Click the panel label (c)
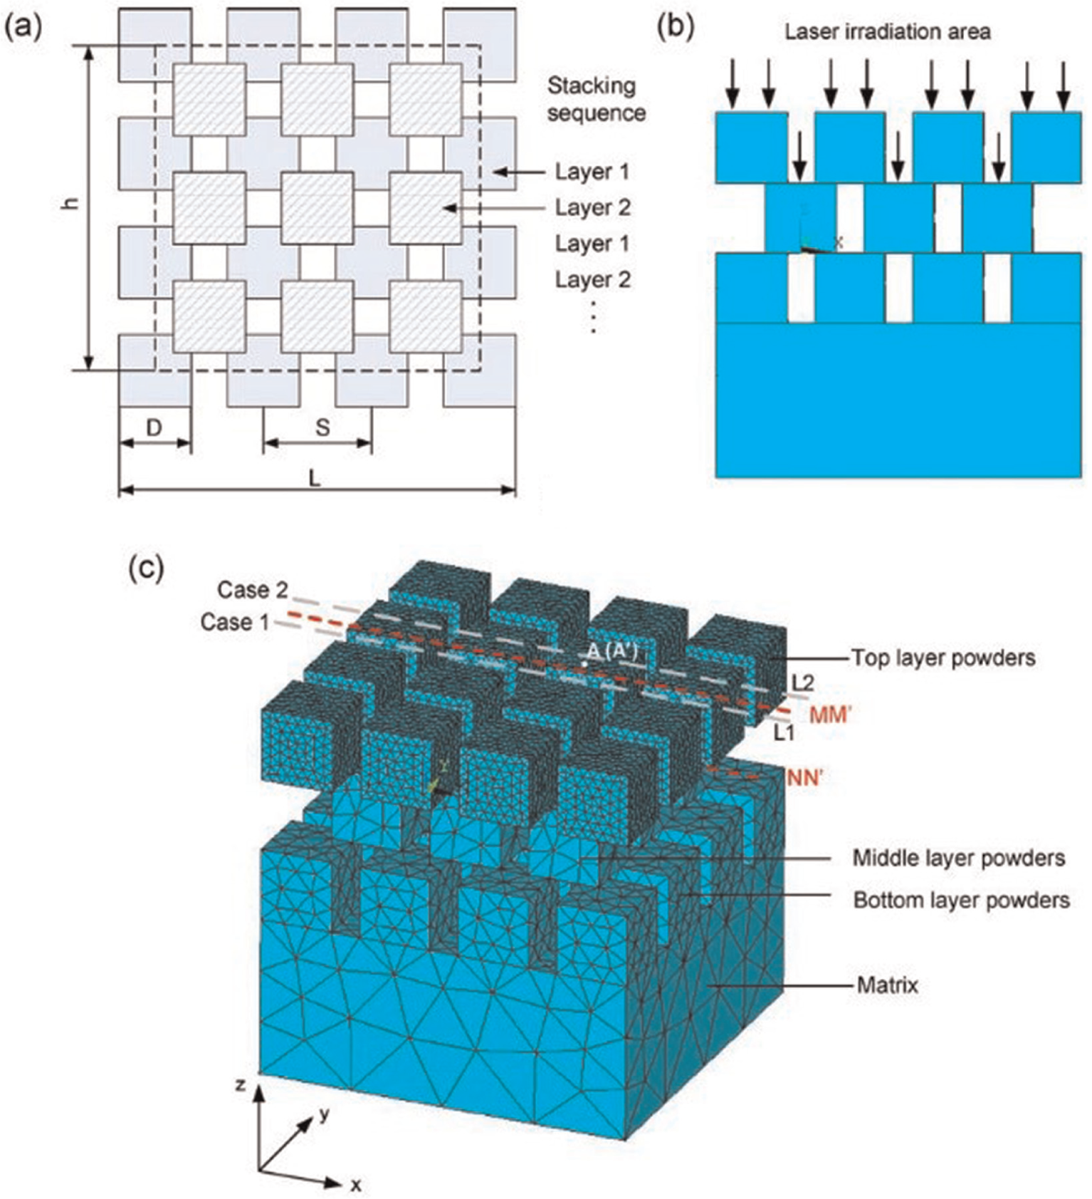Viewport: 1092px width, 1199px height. click(147, 568)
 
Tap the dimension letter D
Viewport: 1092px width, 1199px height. click(154, 427)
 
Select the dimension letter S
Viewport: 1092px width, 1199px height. click(322, 427)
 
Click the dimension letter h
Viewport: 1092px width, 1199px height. click(69, 202)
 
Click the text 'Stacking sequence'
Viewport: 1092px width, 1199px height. click(597, 99)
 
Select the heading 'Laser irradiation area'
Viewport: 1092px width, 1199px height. click(888, 31)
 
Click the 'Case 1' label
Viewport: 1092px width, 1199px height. click(236, 622)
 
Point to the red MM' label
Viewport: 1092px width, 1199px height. click(831, 715)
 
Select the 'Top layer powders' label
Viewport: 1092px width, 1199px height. click(944, 658)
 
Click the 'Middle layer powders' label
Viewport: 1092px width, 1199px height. click(959, 858)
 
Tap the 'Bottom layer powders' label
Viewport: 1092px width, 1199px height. click(962, 900)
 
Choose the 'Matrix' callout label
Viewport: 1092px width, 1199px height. click(888, 985)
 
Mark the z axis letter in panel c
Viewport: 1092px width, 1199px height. click(241, 1085)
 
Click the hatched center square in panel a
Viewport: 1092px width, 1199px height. click(317, 207)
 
